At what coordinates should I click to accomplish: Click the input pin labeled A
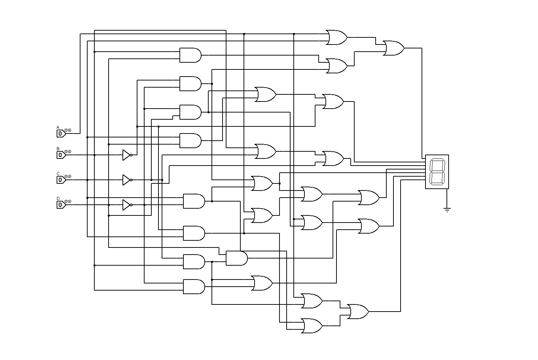tap(61, 134)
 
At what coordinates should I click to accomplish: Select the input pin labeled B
tap(61, 155)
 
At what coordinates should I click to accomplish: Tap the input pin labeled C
tap(61, 180)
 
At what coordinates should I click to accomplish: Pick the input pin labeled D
tap(61, 205)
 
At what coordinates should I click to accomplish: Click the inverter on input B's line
tap(127, 155)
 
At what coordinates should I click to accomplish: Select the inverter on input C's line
tap(127, 180)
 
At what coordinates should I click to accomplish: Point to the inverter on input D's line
tap(127, 205)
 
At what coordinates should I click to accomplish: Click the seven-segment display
tap(437, 172)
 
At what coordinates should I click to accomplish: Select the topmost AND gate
tap(190, 55)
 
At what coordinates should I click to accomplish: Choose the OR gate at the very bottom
tap(312, 326)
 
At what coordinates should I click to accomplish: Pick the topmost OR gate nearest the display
tap(393, 48)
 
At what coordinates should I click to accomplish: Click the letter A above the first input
tap(58, 127)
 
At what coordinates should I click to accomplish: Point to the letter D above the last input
tap(58, 198)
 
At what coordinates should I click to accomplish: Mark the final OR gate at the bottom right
tap(357, 312)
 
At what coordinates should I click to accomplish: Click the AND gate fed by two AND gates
tap(236, 258)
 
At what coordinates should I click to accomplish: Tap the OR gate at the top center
tap(336, 37)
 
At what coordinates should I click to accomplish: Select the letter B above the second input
tap(58, 148)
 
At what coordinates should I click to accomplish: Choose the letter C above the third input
tap(58, 173)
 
